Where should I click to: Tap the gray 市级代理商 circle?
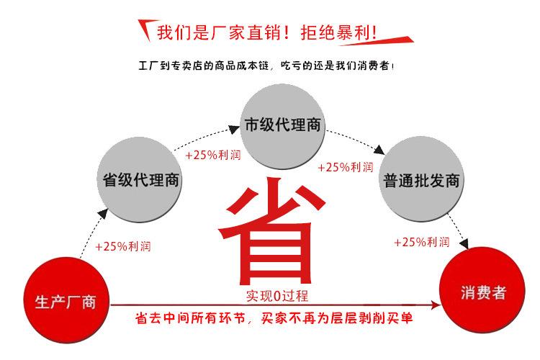pos(282,125)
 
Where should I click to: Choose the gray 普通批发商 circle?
pos(422,180)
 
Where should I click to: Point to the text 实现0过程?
pos(276,297)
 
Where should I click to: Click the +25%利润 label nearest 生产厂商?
pos(123,246)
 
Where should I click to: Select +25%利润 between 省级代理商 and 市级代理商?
pos(212,155)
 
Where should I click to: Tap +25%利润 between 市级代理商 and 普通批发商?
pos(346,167)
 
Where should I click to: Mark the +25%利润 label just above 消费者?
pos(422,242)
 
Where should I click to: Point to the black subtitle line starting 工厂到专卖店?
pos(266,66)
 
